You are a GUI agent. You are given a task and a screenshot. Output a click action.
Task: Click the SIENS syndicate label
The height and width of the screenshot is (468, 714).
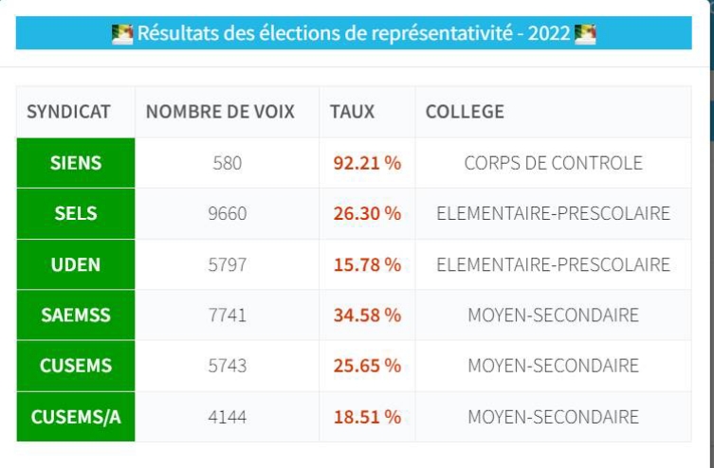[x=76, y=163]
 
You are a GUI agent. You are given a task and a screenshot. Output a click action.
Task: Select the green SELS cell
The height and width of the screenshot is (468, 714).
[x=76, y=213]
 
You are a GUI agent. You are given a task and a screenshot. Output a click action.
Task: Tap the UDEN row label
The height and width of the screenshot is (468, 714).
[x=76, y=264]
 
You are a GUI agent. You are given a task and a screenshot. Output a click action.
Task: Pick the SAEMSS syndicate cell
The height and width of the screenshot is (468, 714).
[x=76, y=315]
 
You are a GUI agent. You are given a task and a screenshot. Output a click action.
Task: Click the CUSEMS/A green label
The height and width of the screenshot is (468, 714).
[x=76, y=417]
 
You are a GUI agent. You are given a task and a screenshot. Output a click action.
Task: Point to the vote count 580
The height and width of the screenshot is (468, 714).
[x=228, y=163]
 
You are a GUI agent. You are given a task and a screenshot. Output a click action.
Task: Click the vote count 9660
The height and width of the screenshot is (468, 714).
[x=228, y=213]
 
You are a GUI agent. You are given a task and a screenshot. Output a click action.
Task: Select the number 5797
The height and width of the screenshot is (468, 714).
[x=228, y=264]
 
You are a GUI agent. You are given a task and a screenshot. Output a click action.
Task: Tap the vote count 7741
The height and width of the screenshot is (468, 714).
[x=228, y=315]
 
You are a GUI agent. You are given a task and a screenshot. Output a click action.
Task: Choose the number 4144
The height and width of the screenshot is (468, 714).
[x=228, y=417]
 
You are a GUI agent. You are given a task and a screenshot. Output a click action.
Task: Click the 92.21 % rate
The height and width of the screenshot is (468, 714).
[x=367, y=163]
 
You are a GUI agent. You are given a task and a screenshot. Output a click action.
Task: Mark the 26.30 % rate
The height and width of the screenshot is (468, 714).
[x=367, y=213]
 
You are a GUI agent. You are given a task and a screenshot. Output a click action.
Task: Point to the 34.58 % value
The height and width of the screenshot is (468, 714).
[x=367, y=315]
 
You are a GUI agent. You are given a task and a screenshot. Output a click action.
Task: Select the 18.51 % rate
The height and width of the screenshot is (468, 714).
[x=367, y=417]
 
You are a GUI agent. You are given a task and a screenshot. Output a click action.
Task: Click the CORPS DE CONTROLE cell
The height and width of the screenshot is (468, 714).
[x=553, y=163]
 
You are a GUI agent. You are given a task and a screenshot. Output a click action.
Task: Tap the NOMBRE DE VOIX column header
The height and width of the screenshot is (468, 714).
[x=220, y=112]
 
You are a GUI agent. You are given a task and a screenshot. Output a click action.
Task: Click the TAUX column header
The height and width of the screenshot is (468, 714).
[x=352, y=112]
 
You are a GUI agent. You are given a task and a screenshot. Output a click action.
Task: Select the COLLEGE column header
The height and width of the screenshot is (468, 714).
[x=465, y=112]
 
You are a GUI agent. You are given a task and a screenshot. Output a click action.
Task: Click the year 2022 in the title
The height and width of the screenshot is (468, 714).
[x=550, y=35]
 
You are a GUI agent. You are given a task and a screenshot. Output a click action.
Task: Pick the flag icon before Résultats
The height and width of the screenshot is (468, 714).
[x=122, y=35]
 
